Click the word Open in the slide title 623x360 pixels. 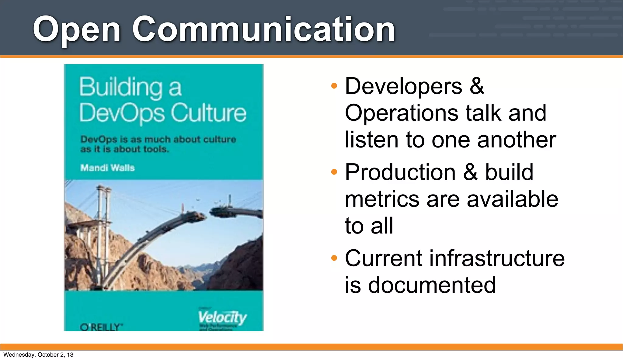point(77,30)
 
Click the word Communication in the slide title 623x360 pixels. point(263,29)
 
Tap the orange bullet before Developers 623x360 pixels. point(334,86)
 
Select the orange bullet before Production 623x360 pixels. point(334,172)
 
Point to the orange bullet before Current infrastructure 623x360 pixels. point(334,258)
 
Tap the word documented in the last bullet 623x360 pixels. point(432,285)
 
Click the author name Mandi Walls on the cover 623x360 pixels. point(107,168)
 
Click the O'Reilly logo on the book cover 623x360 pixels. point(101,327)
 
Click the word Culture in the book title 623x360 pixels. point(208,113)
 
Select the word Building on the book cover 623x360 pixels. point(120,87)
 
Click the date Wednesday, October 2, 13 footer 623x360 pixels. point(38,355)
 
